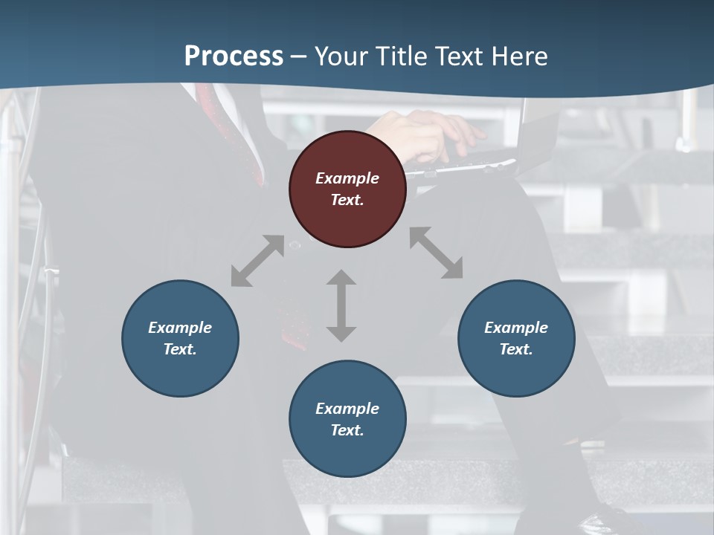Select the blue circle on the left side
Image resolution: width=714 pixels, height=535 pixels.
180,338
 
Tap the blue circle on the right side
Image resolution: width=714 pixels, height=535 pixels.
516,338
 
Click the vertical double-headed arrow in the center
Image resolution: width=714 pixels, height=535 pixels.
341,305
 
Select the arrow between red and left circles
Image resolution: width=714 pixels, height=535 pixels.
257,261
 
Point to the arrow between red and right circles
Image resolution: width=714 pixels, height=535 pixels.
436,253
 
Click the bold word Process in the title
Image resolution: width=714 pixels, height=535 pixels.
234,56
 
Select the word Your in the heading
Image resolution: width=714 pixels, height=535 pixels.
342,56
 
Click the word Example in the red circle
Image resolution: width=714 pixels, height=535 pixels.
347,178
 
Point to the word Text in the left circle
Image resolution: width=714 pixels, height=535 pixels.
180,349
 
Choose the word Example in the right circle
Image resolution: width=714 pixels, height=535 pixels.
516,328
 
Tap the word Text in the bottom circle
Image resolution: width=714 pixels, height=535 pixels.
347,430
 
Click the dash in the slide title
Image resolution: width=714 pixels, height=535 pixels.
299,56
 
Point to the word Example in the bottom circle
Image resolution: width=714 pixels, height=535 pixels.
347,409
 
